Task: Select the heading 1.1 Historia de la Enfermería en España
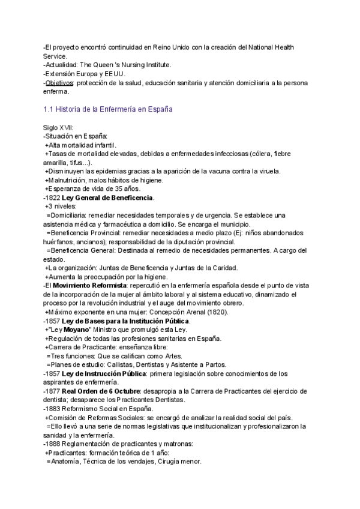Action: point(109,110)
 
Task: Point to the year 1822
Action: point(53,197)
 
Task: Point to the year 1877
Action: point(53,391)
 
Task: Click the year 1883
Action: point(53,408)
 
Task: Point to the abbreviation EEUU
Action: point(113,74)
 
